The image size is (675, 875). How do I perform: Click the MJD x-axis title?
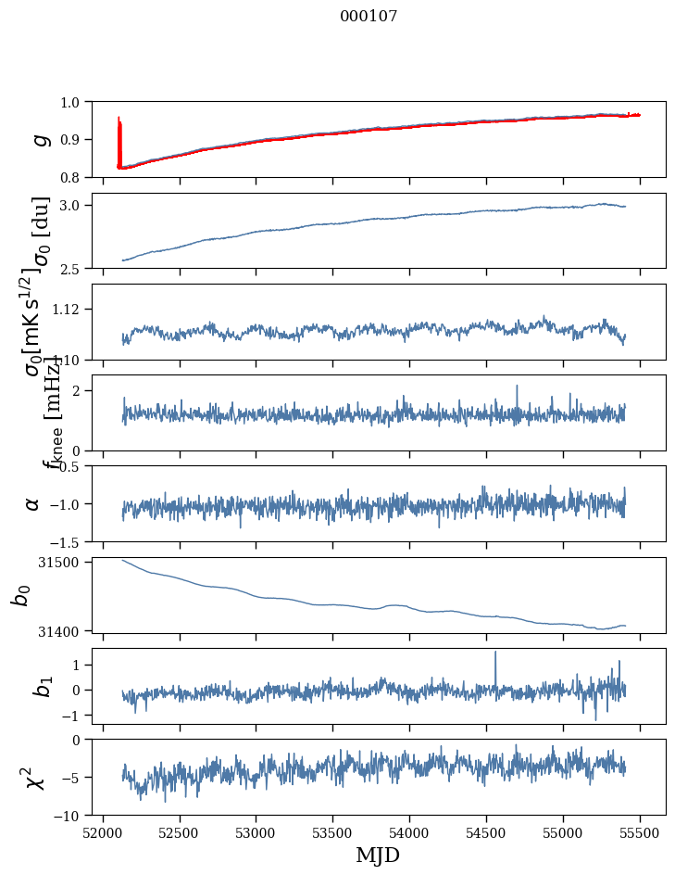pos(378,856)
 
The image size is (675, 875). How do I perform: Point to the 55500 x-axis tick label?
pos(641,833)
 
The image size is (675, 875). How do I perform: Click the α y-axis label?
pos(33,503)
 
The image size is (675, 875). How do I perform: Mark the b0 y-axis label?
pos(20,594)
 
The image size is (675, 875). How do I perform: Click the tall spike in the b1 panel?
pos(495,653)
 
